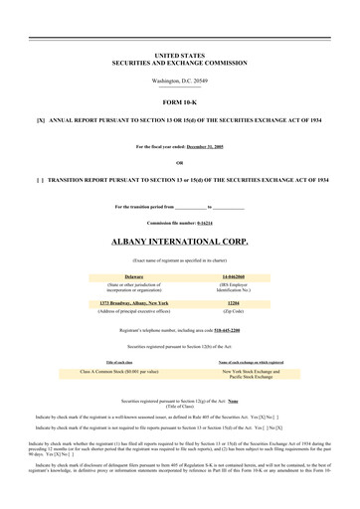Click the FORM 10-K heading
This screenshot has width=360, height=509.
point(179,100)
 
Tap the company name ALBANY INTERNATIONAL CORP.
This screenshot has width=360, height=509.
point(179,242)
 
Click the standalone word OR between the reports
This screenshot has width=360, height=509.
point(179,162)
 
